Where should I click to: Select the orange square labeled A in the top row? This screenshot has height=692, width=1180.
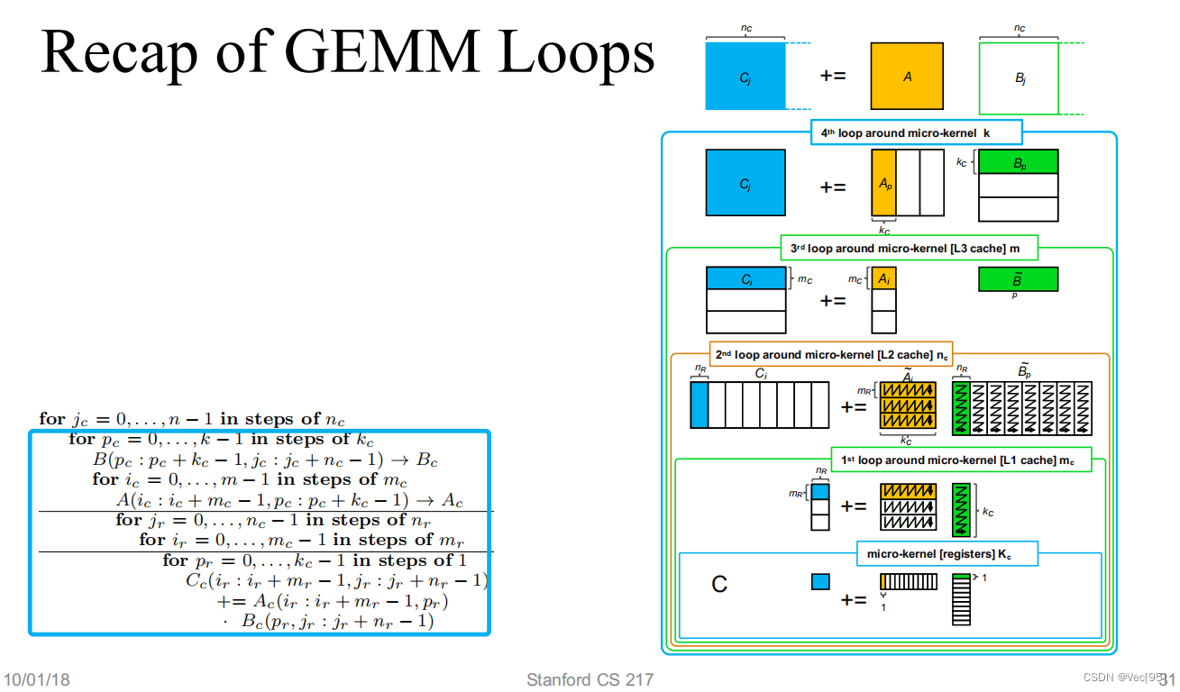pyautogui.click(x=907, y=77)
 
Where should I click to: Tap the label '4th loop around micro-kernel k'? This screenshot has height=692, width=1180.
pyautogui.click(x=916, y=132)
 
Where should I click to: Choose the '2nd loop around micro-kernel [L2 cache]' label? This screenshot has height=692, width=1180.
pyautogui.click(x=830, y=354)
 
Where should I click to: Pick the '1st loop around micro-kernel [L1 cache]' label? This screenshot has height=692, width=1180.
pyautogui.click(x=960, y=460)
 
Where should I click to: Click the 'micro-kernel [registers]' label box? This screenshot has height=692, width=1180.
pyautogui.click(x=947, y=554)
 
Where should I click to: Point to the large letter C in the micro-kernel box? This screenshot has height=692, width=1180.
pyautogui.click(x=719, y=585)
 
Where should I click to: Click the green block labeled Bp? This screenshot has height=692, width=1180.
pyautogui.click(x=1018, y=161)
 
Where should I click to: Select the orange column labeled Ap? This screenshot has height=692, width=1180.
pyautogui.click(x=883, y=183)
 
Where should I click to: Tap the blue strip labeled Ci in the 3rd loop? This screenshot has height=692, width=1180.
pyautogui.click(x=746, y=278)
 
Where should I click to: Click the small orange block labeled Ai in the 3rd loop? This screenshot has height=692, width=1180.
pyautogui.click(x=883, y=278)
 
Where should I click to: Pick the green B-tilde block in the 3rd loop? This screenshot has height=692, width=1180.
pyautogui.click(x=1018, y=278)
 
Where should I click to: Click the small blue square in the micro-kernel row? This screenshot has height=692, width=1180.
pyautogui.click(x=820, y=582)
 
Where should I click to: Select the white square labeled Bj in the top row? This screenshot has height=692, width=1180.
pyautogui.click(x=1019, y=78)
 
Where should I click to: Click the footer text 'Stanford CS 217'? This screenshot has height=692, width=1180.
pyautogui.click(x=590, y=679)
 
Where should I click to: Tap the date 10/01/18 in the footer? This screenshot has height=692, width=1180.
pyautogui.click(x=38, y=679)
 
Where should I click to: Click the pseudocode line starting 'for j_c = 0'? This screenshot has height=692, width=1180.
pyautogui.click(x=192, y=419)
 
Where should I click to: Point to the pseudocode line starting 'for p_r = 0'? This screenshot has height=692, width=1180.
pyautogui.click(x=314, y=560)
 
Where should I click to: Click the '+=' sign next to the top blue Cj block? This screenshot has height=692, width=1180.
pyautogui.click(x=832, y=76)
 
